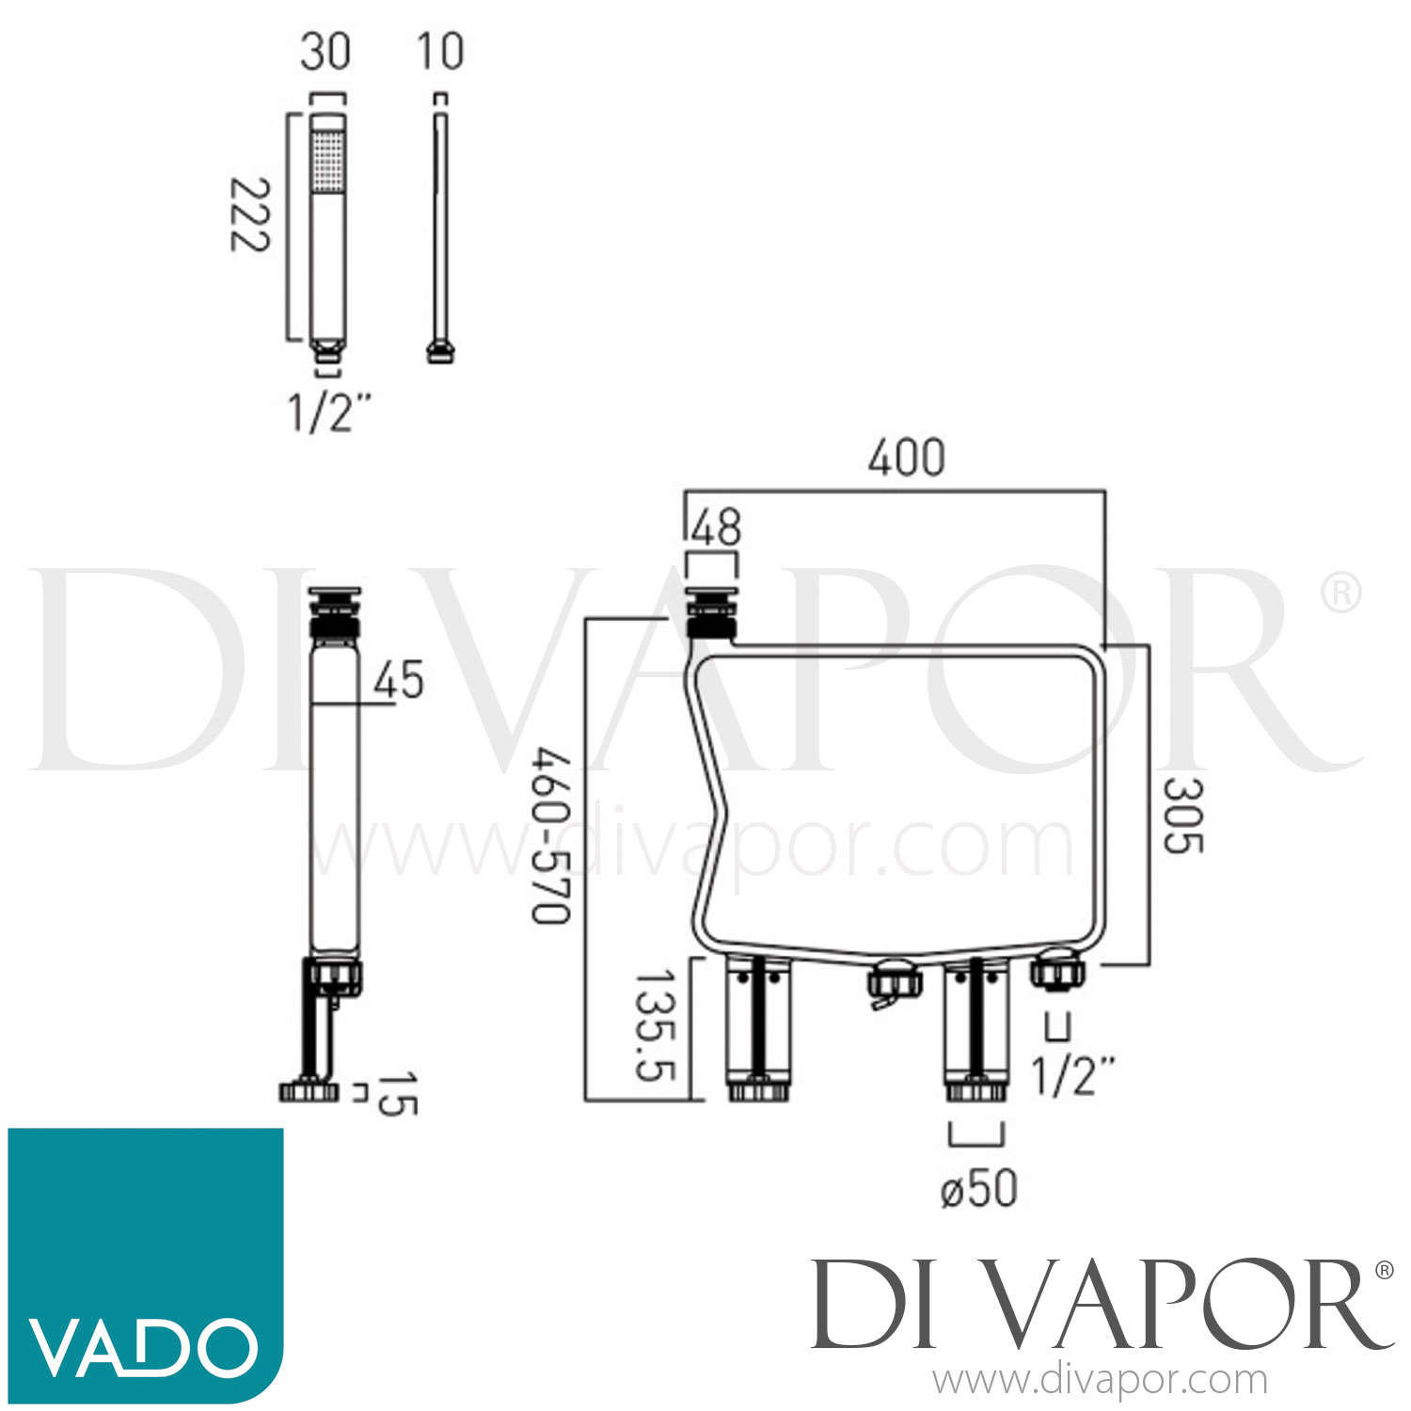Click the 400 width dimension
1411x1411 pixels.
click(x=906, y=459)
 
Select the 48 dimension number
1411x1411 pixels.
click(x=716, y=528)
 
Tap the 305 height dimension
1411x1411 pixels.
click(x=1181, y=815)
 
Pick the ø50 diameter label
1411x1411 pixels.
click(x=978, y=1188)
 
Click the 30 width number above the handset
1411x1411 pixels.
click(x=325, y=51)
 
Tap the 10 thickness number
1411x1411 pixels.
click(x=440, y=51)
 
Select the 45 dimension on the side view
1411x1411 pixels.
click(x=398, y=680)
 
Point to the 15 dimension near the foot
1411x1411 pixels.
click(x=396, y=1093)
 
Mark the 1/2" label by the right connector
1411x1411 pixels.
click(x=1073, y=1075)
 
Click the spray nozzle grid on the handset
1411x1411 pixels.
click(x=327, y=160)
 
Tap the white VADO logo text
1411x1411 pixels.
click(x=143, y=1347)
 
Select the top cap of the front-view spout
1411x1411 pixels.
click(x=711, y=598)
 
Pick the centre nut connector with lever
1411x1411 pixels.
click(x=891, y=984)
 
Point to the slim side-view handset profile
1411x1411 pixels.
click(x=439, y=226)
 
